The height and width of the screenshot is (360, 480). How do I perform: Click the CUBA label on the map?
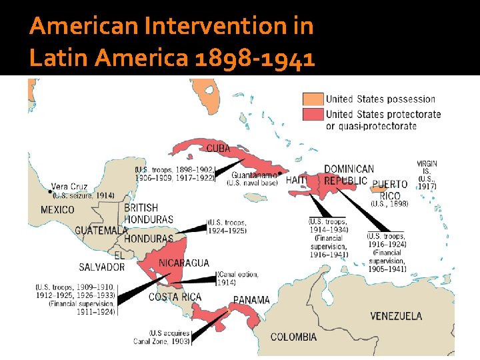[219, 147]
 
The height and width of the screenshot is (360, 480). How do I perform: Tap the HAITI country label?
[297, 180]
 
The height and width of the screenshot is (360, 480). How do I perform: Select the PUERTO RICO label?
[390, 189]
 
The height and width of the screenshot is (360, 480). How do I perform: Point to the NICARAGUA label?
[184, 263]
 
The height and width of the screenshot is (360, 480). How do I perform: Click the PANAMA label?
[251, 300]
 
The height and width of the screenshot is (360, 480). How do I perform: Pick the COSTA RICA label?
[175, 297]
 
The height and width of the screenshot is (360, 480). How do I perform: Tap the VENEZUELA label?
[396, 315]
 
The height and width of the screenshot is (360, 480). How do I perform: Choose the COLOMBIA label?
[294, 337]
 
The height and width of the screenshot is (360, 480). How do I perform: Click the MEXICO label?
[58, 209]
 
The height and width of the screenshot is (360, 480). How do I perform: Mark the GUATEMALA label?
[101, 230]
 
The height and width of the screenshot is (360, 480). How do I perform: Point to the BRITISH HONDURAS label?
[149, 213]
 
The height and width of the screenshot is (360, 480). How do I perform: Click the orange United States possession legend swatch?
[312, 99]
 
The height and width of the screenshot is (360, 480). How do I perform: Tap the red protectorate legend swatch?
[312, 114]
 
